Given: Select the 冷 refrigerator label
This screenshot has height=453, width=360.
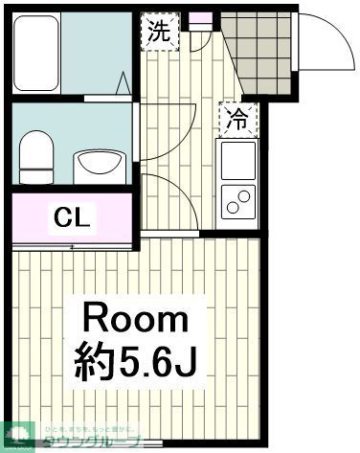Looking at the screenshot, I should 236,118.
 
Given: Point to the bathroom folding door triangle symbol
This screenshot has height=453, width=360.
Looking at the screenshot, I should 124,84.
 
